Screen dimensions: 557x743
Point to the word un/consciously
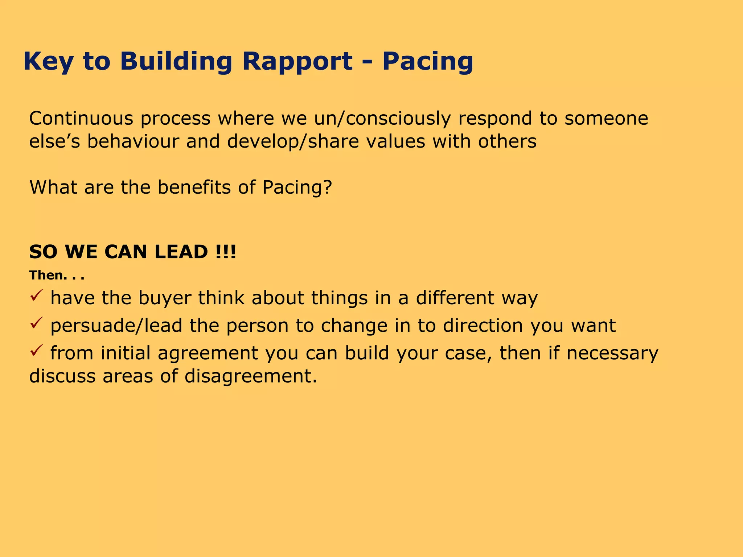tap(382, 119)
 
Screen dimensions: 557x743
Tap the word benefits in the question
tap(194, 187)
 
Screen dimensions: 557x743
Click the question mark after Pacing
tap(327, 187)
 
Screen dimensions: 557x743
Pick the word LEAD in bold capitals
tap(181, 252)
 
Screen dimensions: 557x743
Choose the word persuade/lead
tap(116, 326)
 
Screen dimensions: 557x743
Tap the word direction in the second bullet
tap(483, 326)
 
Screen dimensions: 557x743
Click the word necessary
tap(612, 353)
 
